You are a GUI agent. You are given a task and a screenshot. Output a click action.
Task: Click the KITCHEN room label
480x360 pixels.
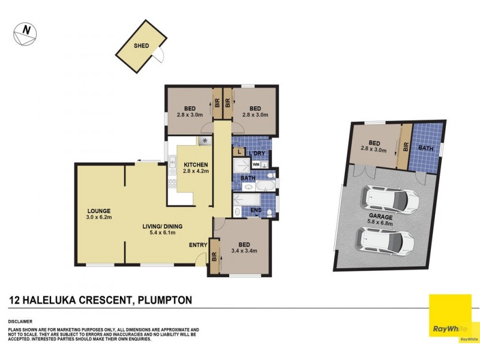(x=196, y=164)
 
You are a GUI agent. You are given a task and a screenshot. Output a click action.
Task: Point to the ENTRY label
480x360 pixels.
(x=198, y=245)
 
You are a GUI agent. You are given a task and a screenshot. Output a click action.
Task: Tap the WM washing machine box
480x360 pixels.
(x=256, y=164)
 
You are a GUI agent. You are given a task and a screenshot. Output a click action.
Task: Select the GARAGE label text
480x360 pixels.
(x=381, y=217)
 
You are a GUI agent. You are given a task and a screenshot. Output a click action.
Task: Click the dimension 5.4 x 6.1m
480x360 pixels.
(x=158, y=233)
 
